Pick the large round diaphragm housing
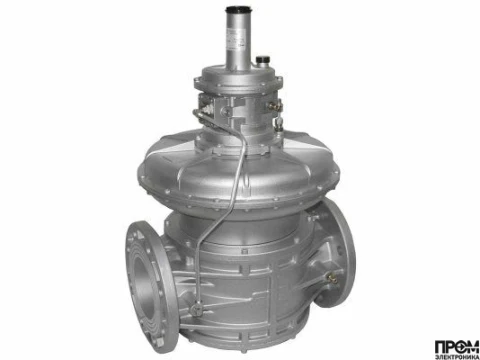tap(240, 150)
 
